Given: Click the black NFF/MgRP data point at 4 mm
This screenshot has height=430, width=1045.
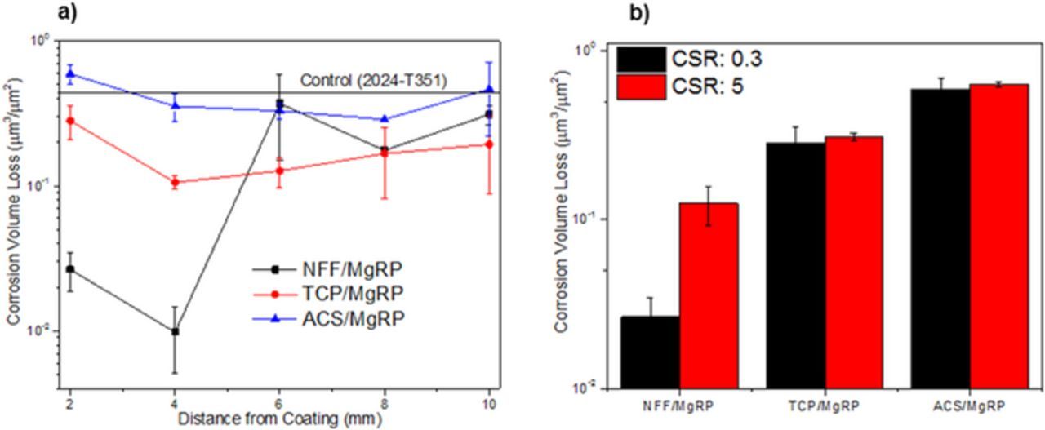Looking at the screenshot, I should click(x=175, y=331).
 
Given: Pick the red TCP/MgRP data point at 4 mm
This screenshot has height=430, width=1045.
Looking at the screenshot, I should click(x=175, y=182).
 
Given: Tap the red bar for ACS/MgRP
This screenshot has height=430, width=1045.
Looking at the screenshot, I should click(x=999, y=236).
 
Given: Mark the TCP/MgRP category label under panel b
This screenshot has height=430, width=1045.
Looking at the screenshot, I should click(x=825, y=406).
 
